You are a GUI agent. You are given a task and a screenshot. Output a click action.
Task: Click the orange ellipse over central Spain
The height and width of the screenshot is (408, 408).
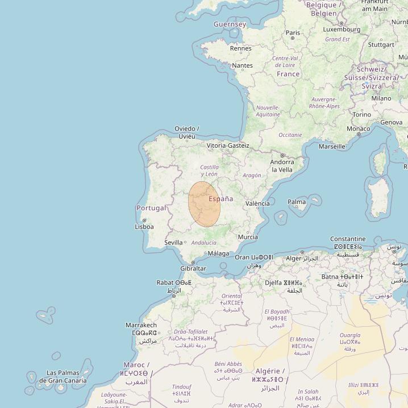click(204, 205)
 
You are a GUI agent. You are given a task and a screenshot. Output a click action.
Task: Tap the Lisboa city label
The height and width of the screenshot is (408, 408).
click(144, 226)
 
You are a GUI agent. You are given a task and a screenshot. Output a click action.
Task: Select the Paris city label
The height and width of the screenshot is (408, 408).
click(293, 33)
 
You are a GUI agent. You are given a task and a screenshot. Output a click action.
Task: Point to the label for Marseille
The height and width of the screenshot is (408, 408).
click(332, 147)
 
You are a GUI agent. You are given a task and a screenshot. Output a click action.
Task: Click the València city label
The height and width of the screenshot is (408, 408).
click(257, 203)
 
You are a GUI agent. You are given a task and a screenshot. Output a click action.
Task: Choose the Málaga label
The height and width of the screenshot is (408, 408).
click(219, 253)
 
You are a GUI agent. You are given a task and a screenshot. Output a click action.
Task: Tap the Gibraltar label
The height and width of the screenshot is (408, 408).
click(193, 268)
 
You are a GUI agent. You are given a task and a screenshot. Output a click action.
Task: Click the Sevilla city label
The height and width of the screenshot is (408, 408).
click(173, 243)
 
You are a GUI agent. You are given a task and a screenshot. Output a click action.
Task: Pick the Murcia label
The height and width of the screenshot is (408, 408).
click(248, 237)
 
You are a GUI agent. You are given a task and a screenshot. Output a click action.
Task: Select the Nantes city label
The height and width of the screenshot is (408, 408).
click(243, 66)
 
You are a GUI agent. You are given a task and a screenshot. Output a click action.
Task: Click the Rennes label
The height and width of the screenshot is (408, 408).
click(240, 48)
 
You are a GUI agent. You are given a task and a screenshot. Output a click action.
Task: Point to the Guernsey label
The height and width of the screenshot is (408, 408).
click(230, 24)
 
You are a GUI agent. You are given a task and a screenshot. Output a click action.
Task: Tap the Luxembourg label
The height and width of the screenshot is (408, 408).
click(342, 30)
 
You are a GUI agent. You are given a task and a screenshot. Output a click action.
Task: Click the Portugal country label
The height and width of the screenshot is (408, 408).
click(151, 208)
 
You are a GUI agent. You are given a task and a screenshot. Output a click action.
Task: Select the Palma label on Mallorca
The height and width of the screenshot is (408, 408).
click(297, 202)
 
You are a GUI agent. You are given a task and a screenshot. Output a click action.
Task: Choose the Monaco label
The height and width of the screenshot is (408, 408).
click(359, 129)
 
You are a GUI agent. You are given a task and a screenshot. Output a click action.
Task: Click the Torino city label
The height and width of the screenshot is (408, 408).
click(362, 114)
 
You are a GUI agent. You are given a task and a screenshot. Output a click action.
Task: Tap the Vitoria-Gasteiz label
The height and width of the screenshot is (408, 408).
click(228, 145)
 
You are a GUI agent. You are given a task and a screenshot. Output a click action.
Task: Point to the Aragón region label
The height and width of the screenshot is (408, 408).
click(252, 176)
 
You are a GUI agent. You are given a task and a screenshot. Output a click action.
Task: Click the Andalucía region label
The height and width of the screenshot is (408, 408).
click(204, 243)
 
